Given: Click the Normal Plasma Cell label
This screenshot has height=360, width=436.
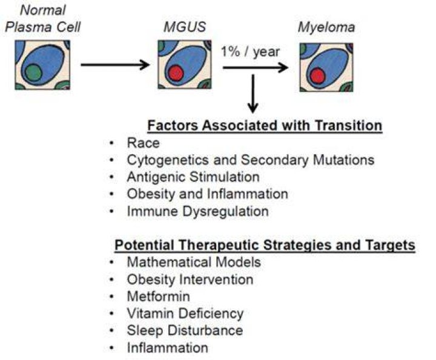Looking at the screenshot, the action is click(x=43, y=19).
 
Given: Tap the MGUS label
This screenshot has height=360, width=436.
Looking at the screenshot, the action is click(x=185, y=27).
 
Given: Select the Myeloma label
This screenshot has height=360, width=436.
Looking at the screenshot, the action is click(x=326, y=28).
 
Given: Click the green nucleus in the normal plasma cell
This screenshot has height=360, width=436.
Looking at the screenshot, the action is click(x=33, y=73).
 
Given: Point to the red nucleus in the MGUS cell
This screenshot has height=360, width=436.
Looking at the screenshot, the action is click(x=176, y=73).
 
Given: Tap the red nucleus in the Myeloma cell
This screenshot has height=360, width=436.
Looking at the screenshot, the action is click(x=317, y=76).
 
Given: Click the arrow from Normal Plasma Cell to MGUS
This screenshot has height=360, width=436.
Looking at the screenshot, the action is click(x=115, y=65).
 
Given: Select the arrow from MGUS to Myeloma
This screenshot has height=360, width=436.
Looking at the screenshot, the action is click(x=256, y=68).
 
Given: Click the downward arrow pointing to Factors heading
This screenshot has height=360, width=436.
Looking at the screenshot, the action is click(x=253, y=94).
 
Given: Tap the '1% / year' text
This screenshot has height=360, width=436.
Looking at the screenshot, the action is click(x=250, y=52).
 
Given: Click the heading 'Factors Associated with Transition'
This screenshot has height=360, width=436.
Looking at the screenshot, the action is click(x=265, y=126).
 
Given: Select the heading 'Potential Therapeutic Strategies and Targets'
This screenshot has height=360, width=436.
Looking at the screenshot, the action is click(x=265, y=245).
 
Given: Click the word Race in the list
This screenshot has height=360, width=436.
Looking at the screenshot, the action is click(x=143, y=143).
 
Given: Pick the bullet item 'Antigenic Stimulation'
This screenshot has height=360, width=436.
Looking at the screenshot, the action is click(x=193, y=177).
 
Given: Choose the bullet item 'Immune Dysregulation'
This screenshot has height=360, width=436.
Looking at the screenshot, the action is click(x=197, y=212).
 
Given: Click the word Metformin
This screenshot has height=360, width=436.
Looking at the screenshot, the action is click(x=159, y=296).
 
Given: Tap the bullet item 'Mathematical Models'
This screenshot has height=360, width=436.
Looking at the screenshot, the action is click(x=194, y=262).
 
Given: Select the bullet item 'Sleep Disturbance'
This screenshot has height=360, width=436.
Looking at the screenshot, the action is click(x=185, y=330).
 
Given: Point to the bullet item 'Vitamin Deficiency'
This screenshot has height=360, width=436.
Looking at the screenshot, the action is click(x=185, y=313).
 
